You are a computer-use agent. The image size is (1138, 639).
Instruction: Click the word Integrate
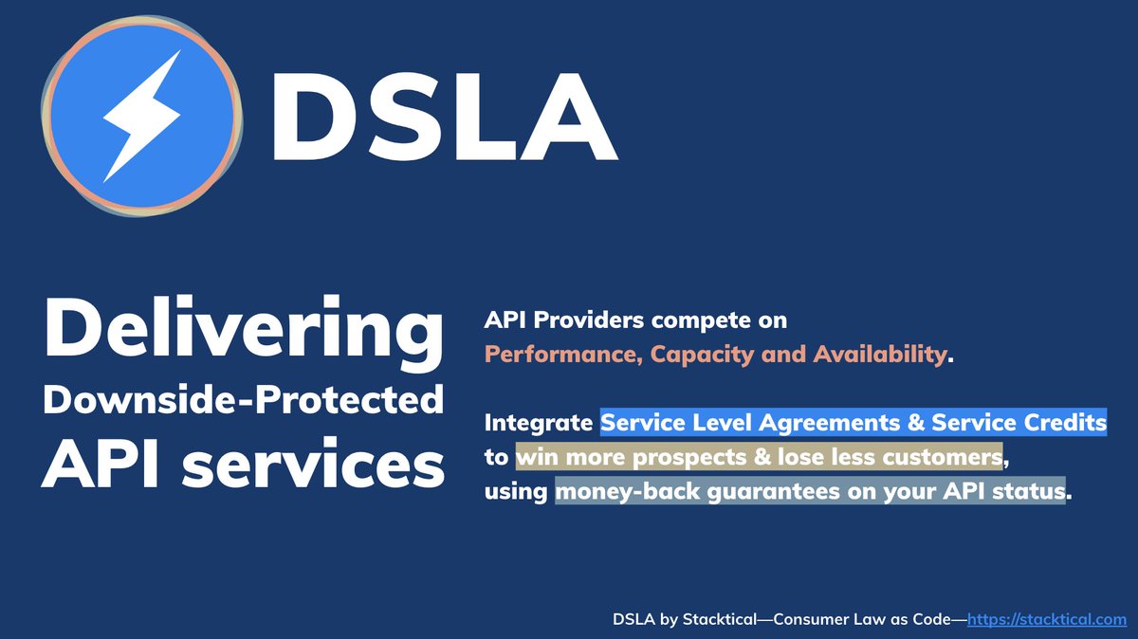(539, 421)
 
